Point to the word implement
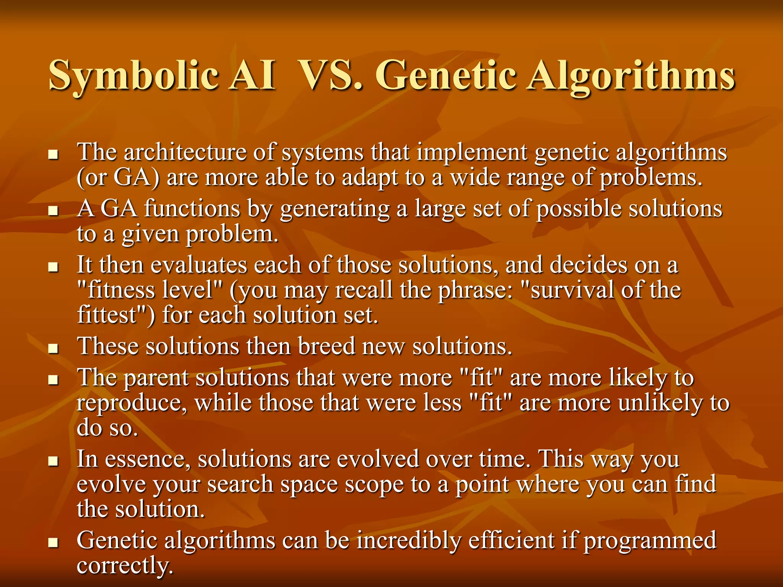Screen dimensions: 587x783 click(472, 152)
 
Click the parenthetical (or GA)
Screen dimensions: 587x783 click(118, 178)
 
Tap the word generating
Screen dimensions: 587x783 click(335, 210)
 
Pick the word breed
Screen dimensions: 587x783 click(327, 346)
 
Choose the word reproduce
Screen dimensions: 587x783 click(132, 404)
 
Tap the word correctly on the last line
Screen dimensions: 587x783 click(125, 566)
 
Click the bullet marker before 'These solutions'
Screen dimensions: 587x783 click(53, 348)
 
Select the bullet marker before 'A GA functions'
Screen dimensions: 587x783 click(53, 211)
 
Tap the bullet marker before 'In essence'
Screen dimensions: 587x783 click(53, 461)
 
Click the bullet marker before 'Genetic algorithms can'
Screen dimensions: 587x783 click(53, 542)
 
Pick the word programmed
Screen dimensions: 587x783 click(650, 541)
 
